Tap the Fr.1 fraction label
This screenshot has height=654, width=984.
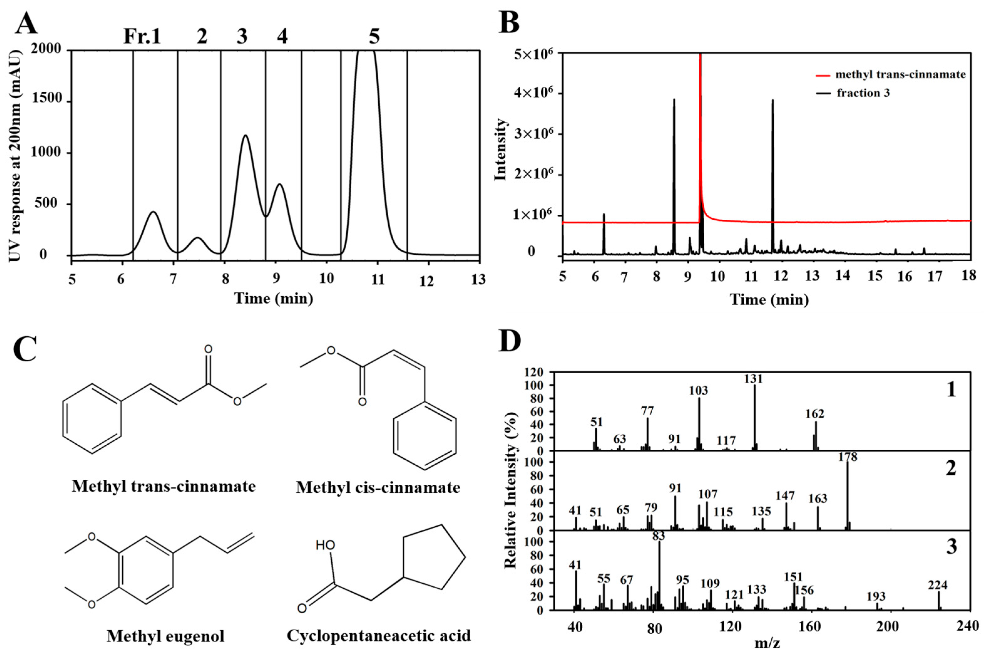(142, 37)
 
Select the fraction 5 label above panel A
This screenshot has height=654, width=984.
(374, 37)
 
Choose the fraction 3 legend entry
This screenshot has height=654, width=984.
(863, 93)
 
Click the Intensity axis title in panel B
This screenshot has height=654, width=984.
(501, 149)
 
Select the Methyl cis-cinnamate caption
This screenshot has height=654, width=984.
(378, 487)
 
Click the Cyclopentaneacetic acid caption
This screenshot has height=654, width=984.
(379, 635)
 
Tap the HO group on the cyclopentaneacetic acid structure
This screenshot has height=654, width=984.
(325, 545)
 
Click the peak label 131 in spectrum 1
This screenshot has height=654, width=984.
(753, 379)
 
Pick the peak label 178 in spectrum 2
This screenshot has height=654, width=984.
(848, 457)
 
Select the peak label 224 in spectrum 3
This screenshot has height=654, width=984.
(938, 585)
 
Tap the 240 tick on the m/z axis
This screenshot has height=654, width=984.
(966, 626)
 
